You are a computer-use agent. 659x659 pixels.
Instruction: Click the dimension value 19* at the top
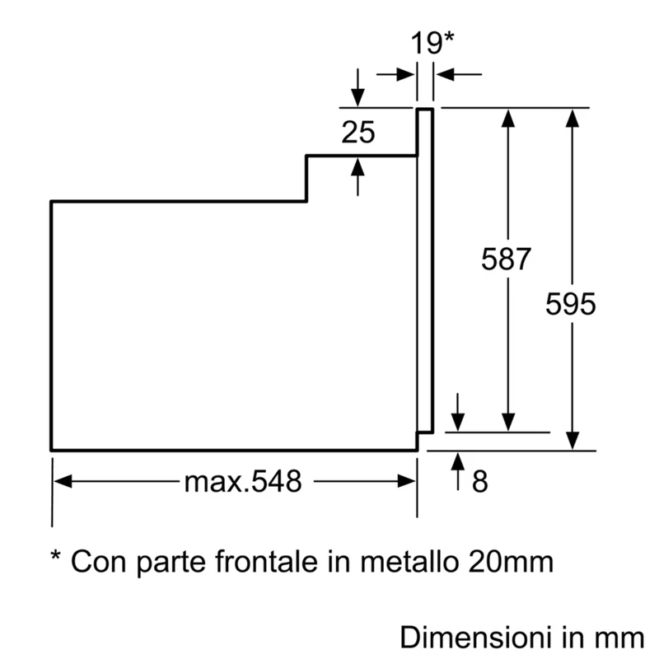432,43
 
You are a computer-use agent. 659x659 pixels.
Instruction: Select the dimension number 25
358,133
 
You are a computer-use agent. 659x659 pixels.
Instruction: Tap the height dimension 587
506,259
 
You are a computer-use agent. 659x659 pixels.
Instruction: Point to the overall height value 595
570,303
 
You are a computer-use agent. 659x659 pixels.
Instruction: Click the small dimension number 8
480,481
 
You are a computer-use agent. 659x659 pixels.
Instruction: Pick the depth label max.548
243,481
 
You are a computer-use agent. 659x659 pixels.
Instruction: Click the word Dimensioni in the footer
475,638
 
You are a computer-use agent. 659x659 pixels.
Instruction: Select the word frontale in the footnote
266,561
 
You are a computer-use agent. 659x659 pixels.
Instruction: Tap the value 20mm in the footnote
511,562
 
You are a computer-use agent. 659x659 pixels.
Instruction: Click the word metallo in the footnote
409,561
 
